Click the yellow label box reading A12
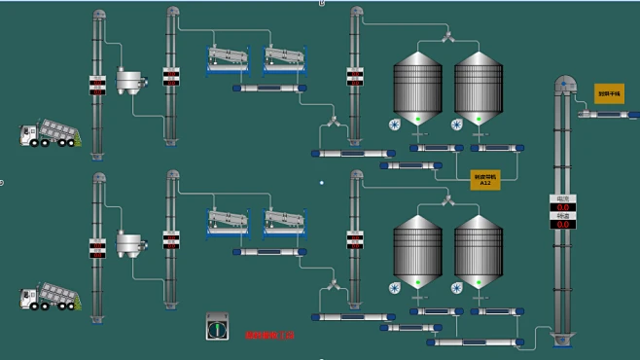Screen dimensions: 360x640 tap(484, 180)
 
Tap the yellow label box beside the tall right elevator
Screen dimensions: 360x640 tap(609, 93)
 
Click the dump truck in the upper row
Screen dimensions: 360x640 tap(48, 135)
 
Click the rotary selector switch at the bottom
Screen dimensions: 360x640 tap(218, 328)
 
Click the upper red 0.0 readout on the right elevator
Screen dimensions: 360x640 tap(562, 207)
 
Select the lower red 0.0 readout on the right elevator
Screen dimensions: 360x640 tap(562, 225)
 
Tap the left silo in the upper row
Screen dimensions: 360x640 tap(417, 83)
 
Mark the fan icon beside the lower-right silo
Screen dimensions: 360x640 tap(456, 287)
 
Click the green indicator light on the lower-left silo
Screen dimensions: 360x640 tap(417, 281)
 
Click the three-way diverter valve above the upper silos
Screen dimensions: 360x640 tap(447, 37)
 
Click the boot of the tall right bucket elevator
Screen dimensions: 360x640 tap(563, 339)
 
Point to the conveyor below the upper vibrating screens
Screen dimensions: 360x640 tap(269, 89)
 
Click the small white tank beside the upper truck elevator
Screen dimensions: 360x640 tap(127, 79)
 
